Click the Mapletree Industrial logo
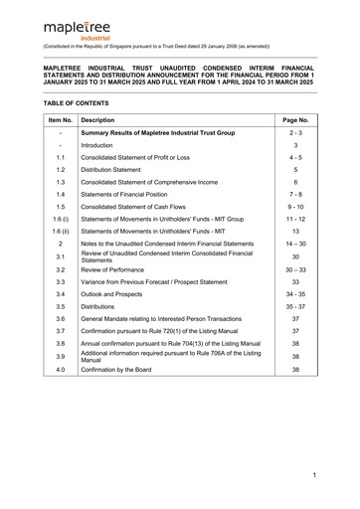tap(74, 27)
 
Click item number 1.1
tap(61, 157)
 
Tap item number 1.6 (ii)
tap(61, 232)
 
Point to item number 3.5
tap(61, 307)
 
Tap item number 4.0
tap(61, 369)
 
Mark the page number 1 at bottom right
tap(313, 476)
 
